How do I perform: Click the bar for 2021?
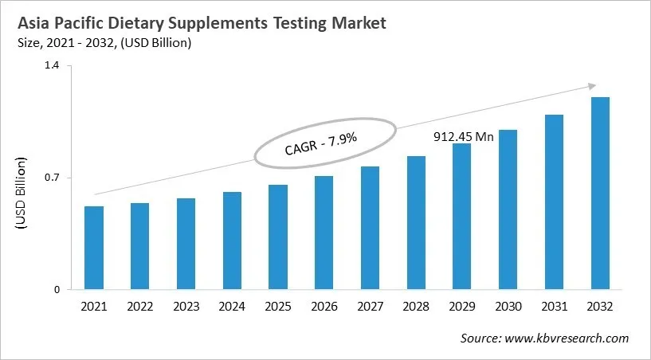coord(94,248)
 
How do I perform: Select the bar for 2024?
coord(232,241)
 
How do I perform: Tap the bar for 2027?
coord(370,228)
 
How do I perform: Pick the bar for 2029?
coord(462,217)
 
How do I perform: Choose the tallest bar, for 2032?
coord(600,194)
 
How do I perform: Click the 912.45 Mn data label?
coord(463,136)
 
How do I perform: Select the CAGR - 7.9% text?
coord(320,143)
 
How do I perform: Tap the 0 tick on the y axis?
coord(57,290)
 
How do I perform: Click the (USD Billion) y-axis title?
coord(22,194)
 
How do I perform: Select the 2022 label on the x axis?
coord(140,307)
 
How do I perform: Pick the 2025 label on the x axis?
coord(278,307)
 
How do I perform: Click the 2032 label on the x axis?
coord(600,307)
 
